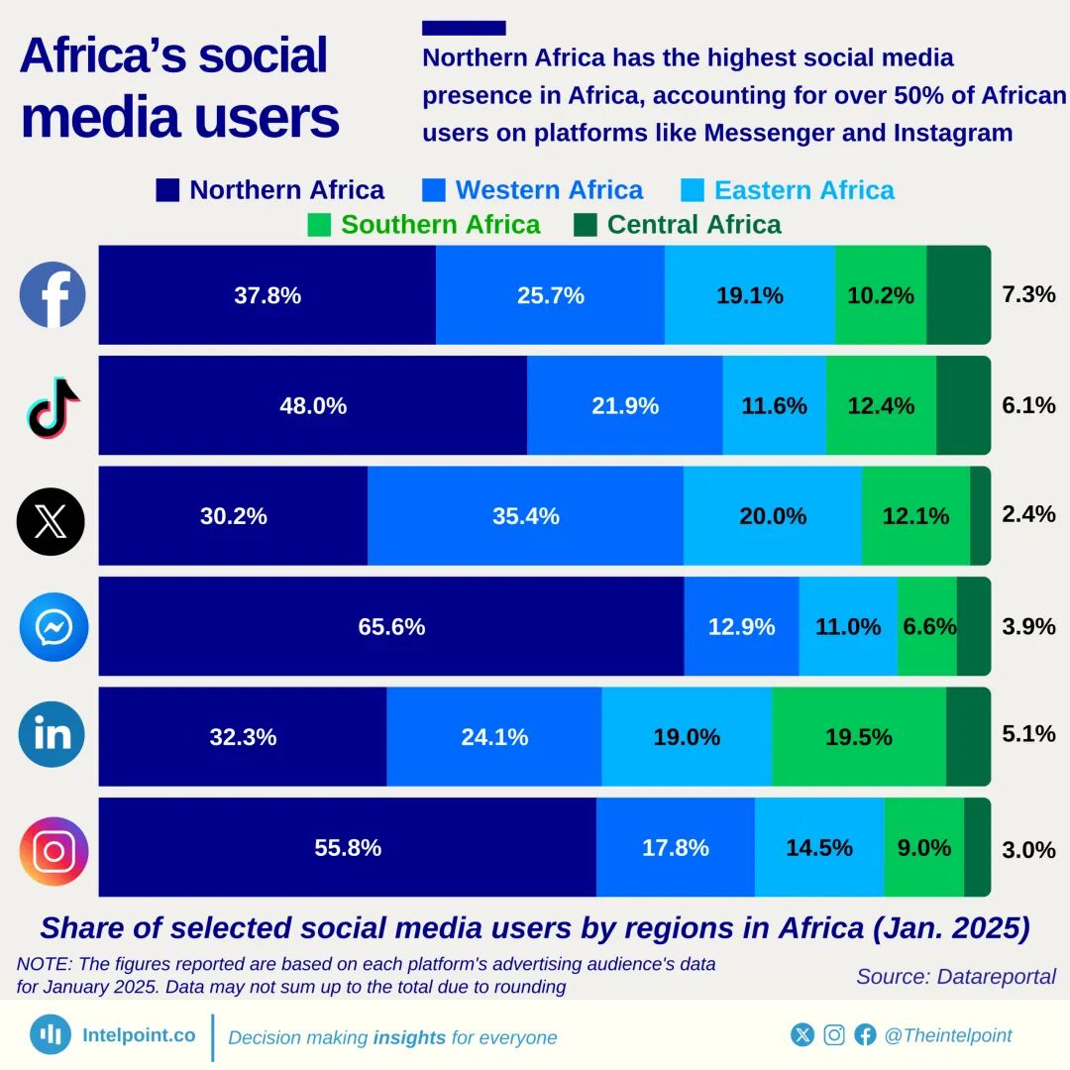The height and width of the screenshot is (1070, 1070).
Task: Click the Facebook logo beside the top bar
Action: (x=53, y=295)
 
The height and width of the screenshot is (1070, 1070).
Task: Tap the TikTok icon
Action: (x=53, y=406)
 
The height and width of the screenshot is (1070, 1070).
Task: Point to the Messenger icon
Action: (x=53, y=626)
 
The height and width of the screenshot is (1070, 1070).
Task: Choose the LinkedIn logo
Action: (x=53, y=734)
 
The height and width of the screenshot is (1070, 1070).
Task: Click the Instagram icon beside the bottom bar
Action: (x=53, y=850)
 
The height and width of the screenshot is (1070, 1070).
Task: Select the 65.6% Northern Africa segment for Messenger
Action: (x=391, y=627)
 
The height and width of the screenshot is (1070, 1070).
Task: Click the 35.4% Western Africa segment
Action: (x=525, y=516)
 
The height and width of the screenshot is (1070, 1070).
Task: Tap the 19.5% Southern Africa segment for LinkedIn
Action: (x=858, y=737)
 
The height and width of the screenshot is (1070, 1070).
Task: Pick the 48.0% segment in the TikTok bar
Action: (x=313, y=406)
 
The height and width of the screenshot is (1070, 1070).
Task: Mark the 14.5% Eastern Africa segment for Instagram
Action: (x=819, y=848)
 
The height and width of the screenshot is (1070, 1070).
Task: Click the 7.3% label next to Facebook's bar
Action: (x=1028, y=294)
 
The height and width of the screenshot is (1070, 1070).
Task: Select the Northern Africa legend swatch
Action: (x=168, y=190)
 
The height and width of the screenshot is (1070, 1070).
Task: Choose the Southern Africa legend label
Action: (x=440, y=225)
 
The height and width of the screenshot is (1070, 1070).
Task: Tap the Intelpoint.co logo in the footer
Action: (x=51, y=1035)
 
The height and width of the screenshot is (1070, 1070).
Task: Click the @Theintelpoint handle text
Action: (x=947, y=1035)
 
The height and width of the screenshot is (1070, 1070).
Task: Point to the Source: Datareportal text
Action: (x=956, y=976)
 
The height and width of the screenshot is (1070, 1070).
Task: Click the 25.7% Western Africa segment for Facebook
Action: (x=550, y=295)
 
